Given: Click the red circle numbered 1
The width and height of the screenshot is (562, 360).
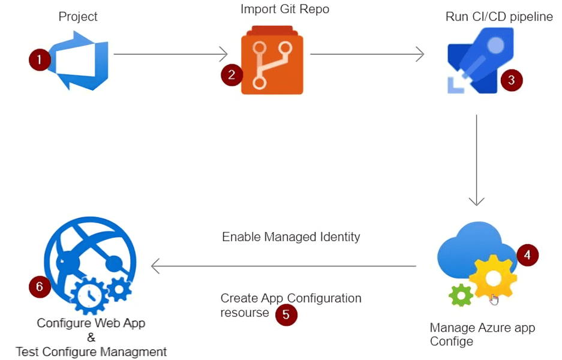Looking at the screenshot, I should (x=40, y=60).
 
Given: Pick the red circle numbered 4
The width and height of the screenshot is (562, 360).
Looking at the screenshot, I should (x=527, y=255).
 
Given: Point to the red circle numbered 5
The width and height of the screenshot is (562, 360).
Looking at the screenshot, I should (x=286, y=314).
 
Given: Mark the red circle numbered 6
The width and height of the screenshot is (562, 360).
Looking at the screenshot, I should (x=40, y=287).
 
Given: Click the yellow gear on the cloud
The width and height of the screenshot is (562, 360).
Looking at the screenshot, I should (x=492, y=278).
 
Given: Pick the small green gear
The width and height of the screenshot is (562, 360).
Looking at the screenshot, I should (x=461, y=294).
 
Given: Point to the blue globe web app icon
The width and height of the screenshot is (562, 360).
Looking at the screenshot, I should (x=90, y=264).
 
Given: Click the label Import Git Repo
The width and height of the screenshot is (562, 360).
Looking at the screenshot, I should (x=285, y=9).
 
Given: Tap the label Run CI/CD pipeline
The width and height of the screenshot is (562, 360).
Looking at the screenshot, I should (x=499, y=16).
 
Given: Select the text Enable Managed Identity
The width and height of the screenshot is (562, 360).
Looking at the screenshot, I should (x=291, y=236).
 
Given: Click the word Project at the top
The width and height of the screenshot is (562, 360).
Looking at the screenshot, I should (x=78, y=16).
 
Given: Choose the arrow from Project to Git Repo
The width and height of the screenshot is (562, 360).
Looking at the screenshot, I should (x=170, y=55).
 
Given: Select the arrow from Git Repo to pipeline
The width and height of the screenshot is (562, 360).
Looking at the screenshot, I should (x=366, y=55).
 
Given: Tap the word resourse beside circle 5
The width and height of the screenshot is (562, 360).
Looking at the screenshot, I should (x=245, y=313).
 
